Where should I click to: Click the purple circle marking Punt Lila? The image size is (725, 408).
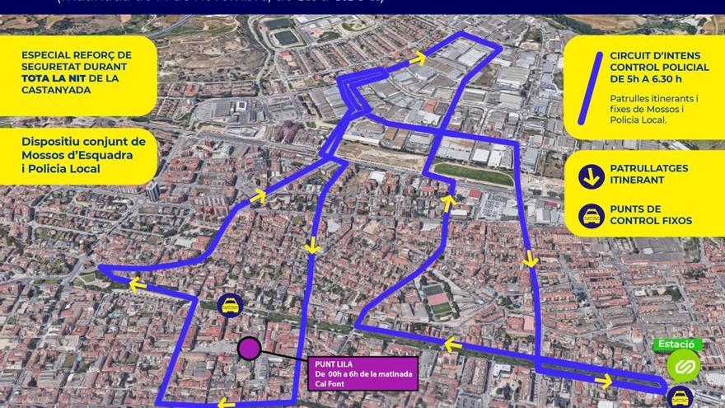point(249,349)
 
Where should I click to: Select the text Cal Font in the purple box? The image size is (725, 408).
point(331,383)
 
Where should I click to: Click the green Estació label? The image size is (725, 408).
point(678,345)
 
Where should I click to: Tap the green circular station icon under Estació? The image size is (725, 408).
point(683,365)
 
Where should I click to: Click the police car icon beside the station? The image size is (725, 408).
point(681,397)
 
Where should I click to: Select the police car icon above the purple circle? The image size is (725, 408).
point(231,306)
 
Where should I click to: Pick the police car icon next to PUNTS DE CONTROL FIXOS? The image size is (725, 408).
point(591,216)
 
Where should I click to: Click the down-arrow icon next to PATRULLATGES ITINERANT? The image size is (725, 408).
point(591,175)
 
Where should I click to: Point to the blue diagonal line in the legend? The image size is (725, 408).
point(591,80)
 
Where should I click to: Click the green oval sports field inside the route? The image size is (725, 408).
point(474,175)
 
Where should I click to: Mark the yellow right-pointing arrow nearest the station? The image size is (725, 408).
point(604,380)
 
